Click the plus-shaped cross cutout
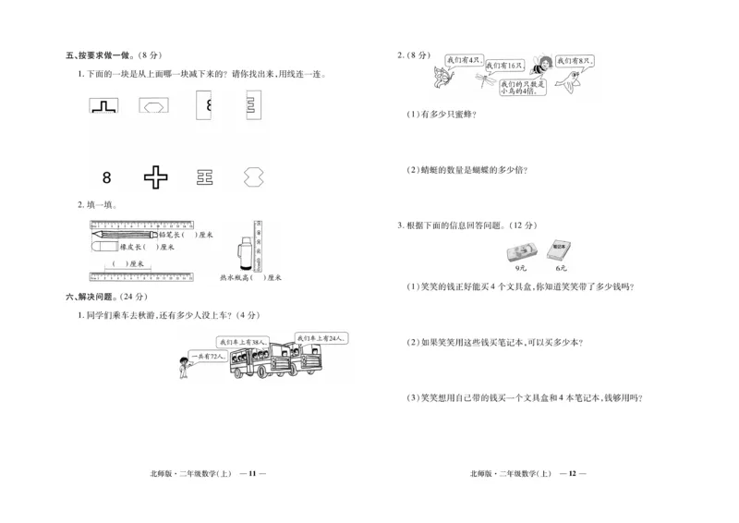(x=155, y=176)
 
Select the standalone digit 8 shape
(x=107, y=176)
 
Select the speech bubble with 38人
(x=247, y=342)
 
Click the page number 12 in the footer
(x=572, y=473)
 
